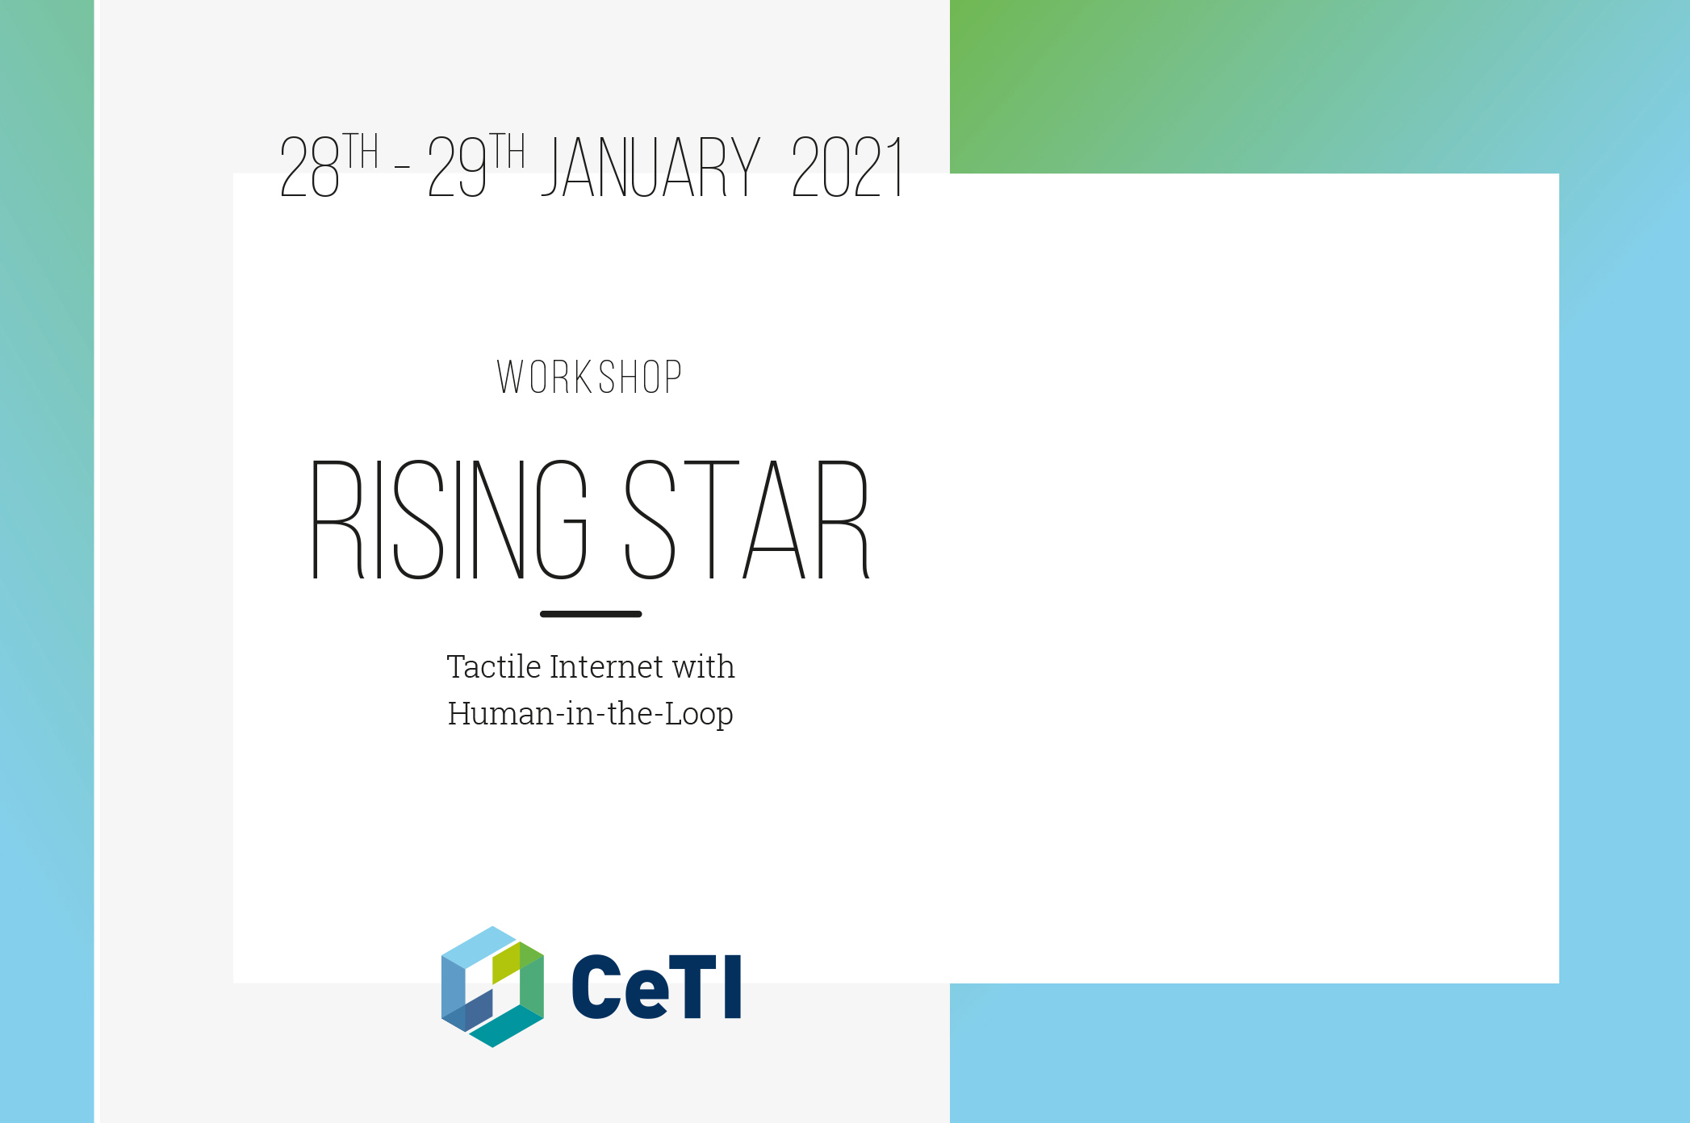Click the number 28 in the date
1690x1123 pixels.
(x=309, y=167)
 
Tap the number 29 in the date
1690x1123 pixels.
(x=458, y=167)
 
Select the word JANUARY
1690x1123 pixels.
(x=650, y=167)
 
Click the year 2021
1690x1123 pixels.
(x=847, y=167)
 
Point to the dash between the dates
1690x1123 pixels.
(x=402, y=167)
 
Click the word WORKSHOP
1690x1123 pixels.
(x=590, y=378)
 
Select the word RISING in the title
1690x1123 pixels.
(x=450, y=520)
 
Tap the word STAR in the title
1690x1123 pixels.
(x=747, y=520)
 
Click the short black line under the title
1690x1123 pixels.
(x=591, y=614)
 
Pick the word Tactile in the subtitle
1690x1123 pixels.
(x=494, y=667)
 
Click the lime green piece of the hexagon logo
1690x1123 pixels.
(x=506, y=962)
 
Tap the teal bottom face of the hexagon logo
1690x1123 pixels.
(x=506, y=1026)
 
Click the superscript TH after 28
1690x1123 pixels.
(x=362, y=151)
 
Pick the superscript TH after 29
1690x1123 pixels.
(x=508, y=151)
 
